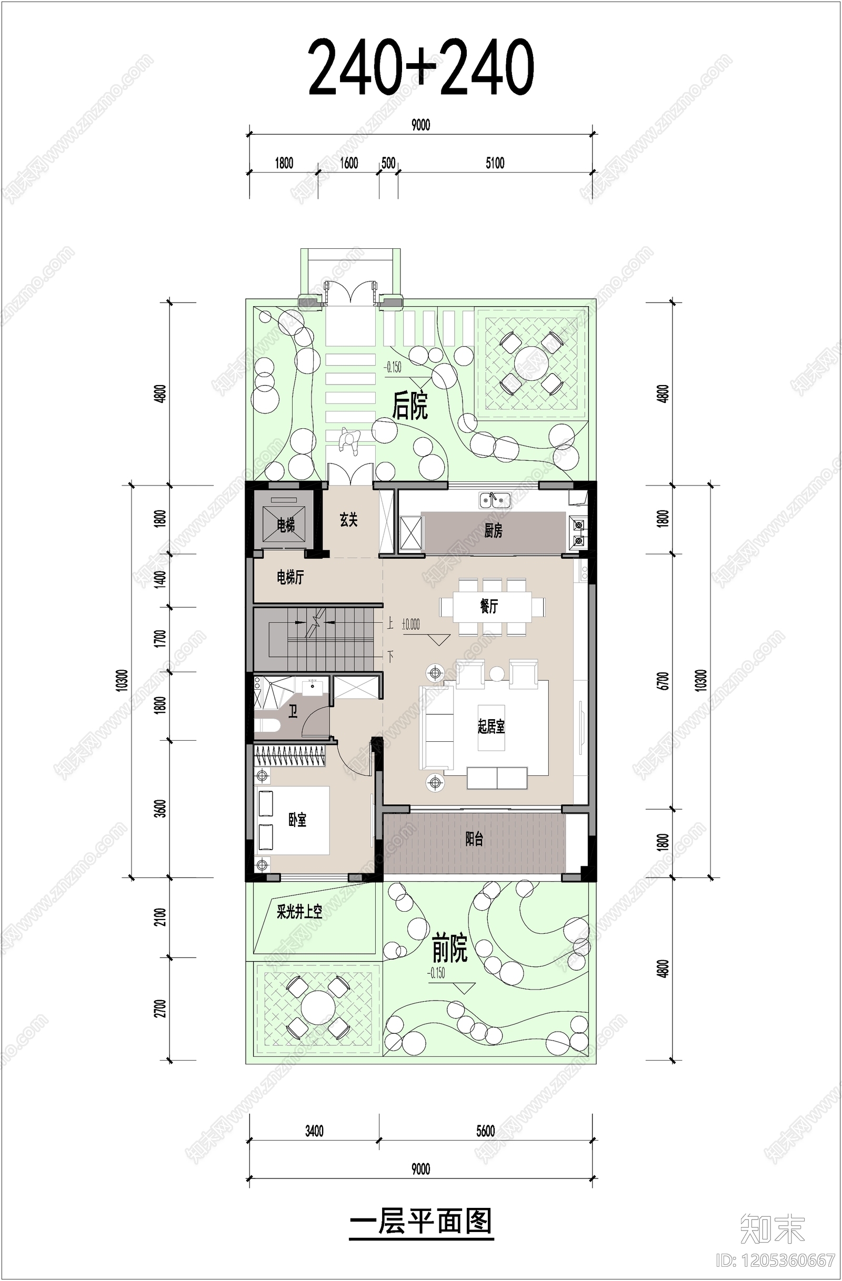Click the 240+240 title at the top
click(420, 67)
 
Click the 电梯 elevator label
click(285, 525)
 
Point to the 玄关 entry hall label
click(348, 520)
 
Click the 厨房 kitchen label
click(493, 531)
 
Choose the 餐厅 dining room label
click(489, 607)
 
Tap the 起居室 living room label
click(491, 727)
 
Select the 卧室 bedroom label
click(297, 820)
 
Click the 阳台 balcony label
click(474, 839)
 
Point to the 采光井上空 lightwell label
click(299, 912)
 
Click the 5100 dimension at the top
click(495, 163)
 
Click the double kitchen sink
click(495, 500)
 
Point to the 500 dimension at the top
click(388, 163)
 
